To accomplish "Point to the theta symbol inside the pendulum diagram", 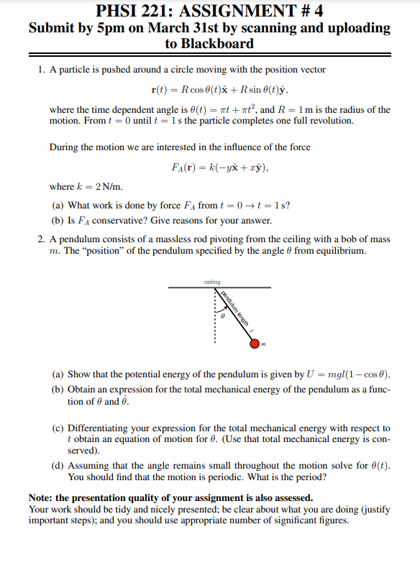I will click(223, 315).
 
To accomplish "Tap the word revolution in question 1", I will click(329, 121).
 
